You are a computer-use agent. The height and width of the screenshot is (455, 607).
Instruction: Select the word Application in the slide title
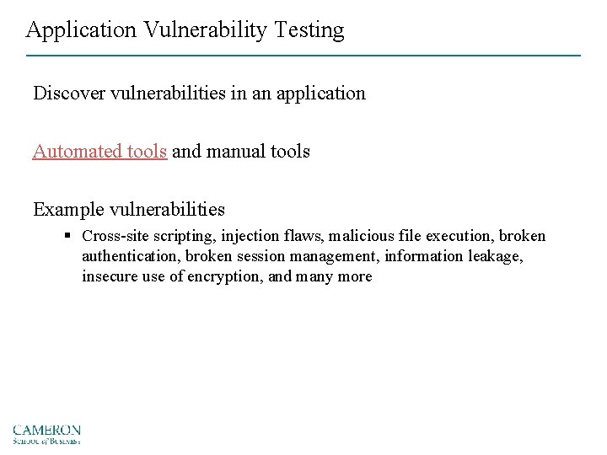pos(81,30)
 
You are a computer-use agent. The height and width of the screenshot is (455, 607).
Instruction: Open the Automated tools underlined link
pos(99,152)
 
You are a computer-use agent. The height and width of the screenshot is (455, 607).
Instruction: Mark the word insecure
pos(110,276)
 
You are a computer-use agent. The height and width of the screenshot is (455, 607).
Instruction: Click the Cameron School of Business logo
pos(47,433)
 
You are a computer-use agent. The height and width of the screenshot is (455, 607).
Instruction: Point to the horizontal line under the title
pos(303,56)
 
